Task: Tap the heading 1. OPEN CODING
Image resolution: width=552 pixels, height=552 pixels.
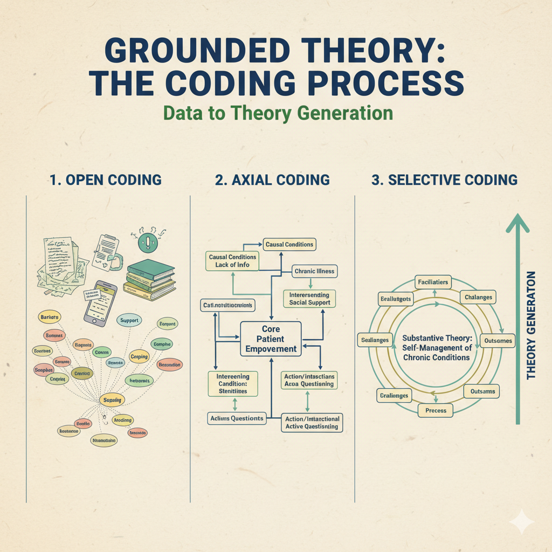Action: tap(105, 180)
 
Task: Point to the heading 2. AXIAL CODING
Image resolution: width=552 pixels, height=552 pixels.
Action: tap(272, 180)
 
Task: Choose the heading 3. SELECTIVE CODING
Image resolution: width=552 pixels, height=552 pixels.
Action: tap(444, 180)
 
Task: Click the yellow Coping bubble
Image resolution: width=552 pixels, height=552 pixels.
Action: tap(139, 357)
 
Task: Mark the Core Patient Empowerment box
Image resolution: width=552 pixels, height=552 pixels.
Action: tap(271, 339)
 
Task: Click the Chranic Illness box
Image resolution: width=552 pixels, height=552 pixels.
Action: tap(314, 271)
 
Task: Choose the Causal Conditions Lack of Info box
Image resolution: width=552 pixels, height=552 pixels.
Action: tap(232, 261)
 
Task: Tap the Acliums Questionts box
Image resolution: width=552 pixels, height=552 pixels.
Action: tap(237, 418)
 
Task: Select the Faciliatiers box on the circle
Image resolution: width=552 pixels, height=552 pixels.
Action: tap(432, 282)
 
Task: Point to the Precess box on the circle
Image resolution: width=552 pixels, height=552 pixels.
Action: tap(436, 410)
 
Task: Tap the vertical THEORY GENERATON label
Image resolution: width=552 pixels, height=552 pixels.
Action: tap(531, 325)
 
